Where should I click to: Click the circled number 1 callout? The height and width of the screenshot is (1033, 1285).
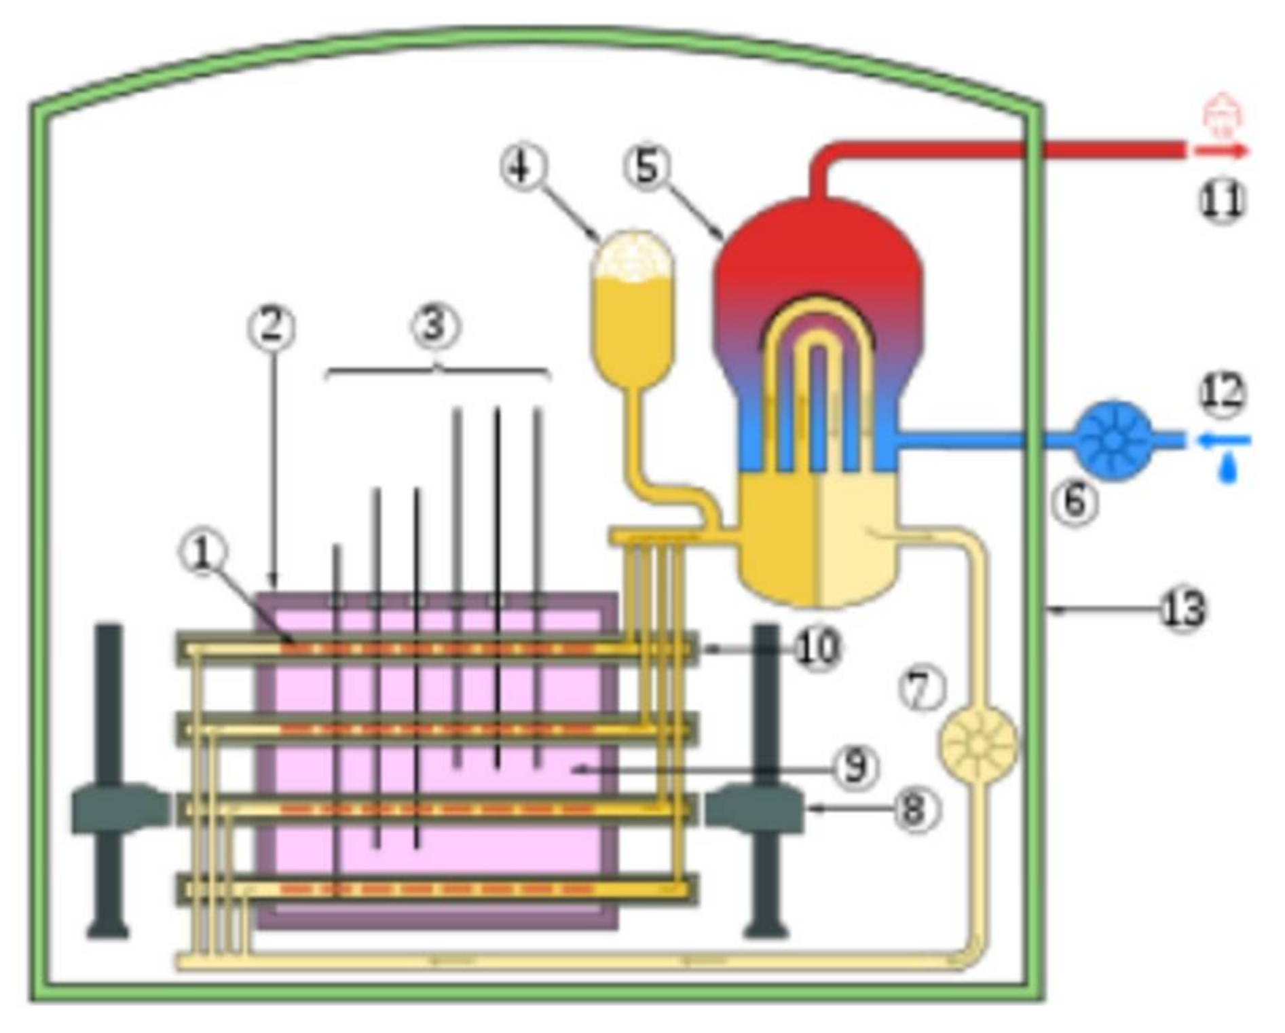pyautogui.click(x=202, y=554)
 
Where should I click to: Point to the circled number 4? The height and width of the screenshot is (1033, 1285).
pyautogui.click(x=523, y=166)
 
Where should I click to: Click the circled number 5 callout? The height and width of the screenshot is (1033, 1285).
pyautogui.click(x=647, y=166)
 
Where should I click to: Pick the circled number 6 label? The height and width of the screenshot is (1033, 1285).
pyautogui.click(x=1075, y=502)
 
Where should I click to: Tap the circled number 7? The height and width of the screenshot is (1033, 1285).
pyautogui.click(x=922, y=689)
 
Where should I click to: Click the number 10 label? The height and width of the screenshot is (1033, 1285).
pyautogui.click(x=817, y=649)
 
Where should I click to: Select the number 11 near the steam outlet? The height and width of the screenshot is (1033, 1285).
pyautogui.click(x=1223, y=200)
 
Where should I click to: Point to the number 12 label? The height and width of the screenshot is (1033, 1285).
pyautogui.click(x=1223, y=394)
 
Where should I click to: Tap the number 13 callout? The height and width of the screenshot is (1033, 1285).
pyautogui.click(x=1183, y=609)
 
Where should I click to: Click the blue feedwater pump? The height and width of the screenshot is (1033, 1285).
pyautogui.click(x=1114, y=441)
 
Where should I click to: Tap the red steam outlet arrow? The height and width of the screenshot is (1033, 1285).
pyautogui.click(x=1222, y=151)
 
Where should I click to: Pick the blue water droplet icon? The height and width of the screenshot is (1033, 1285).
pyautogui.click(x=1227, y=469)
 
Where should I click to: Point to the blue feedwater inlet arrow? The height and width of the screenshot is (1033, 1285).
pyautogui.click(x=1222, y=441)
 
